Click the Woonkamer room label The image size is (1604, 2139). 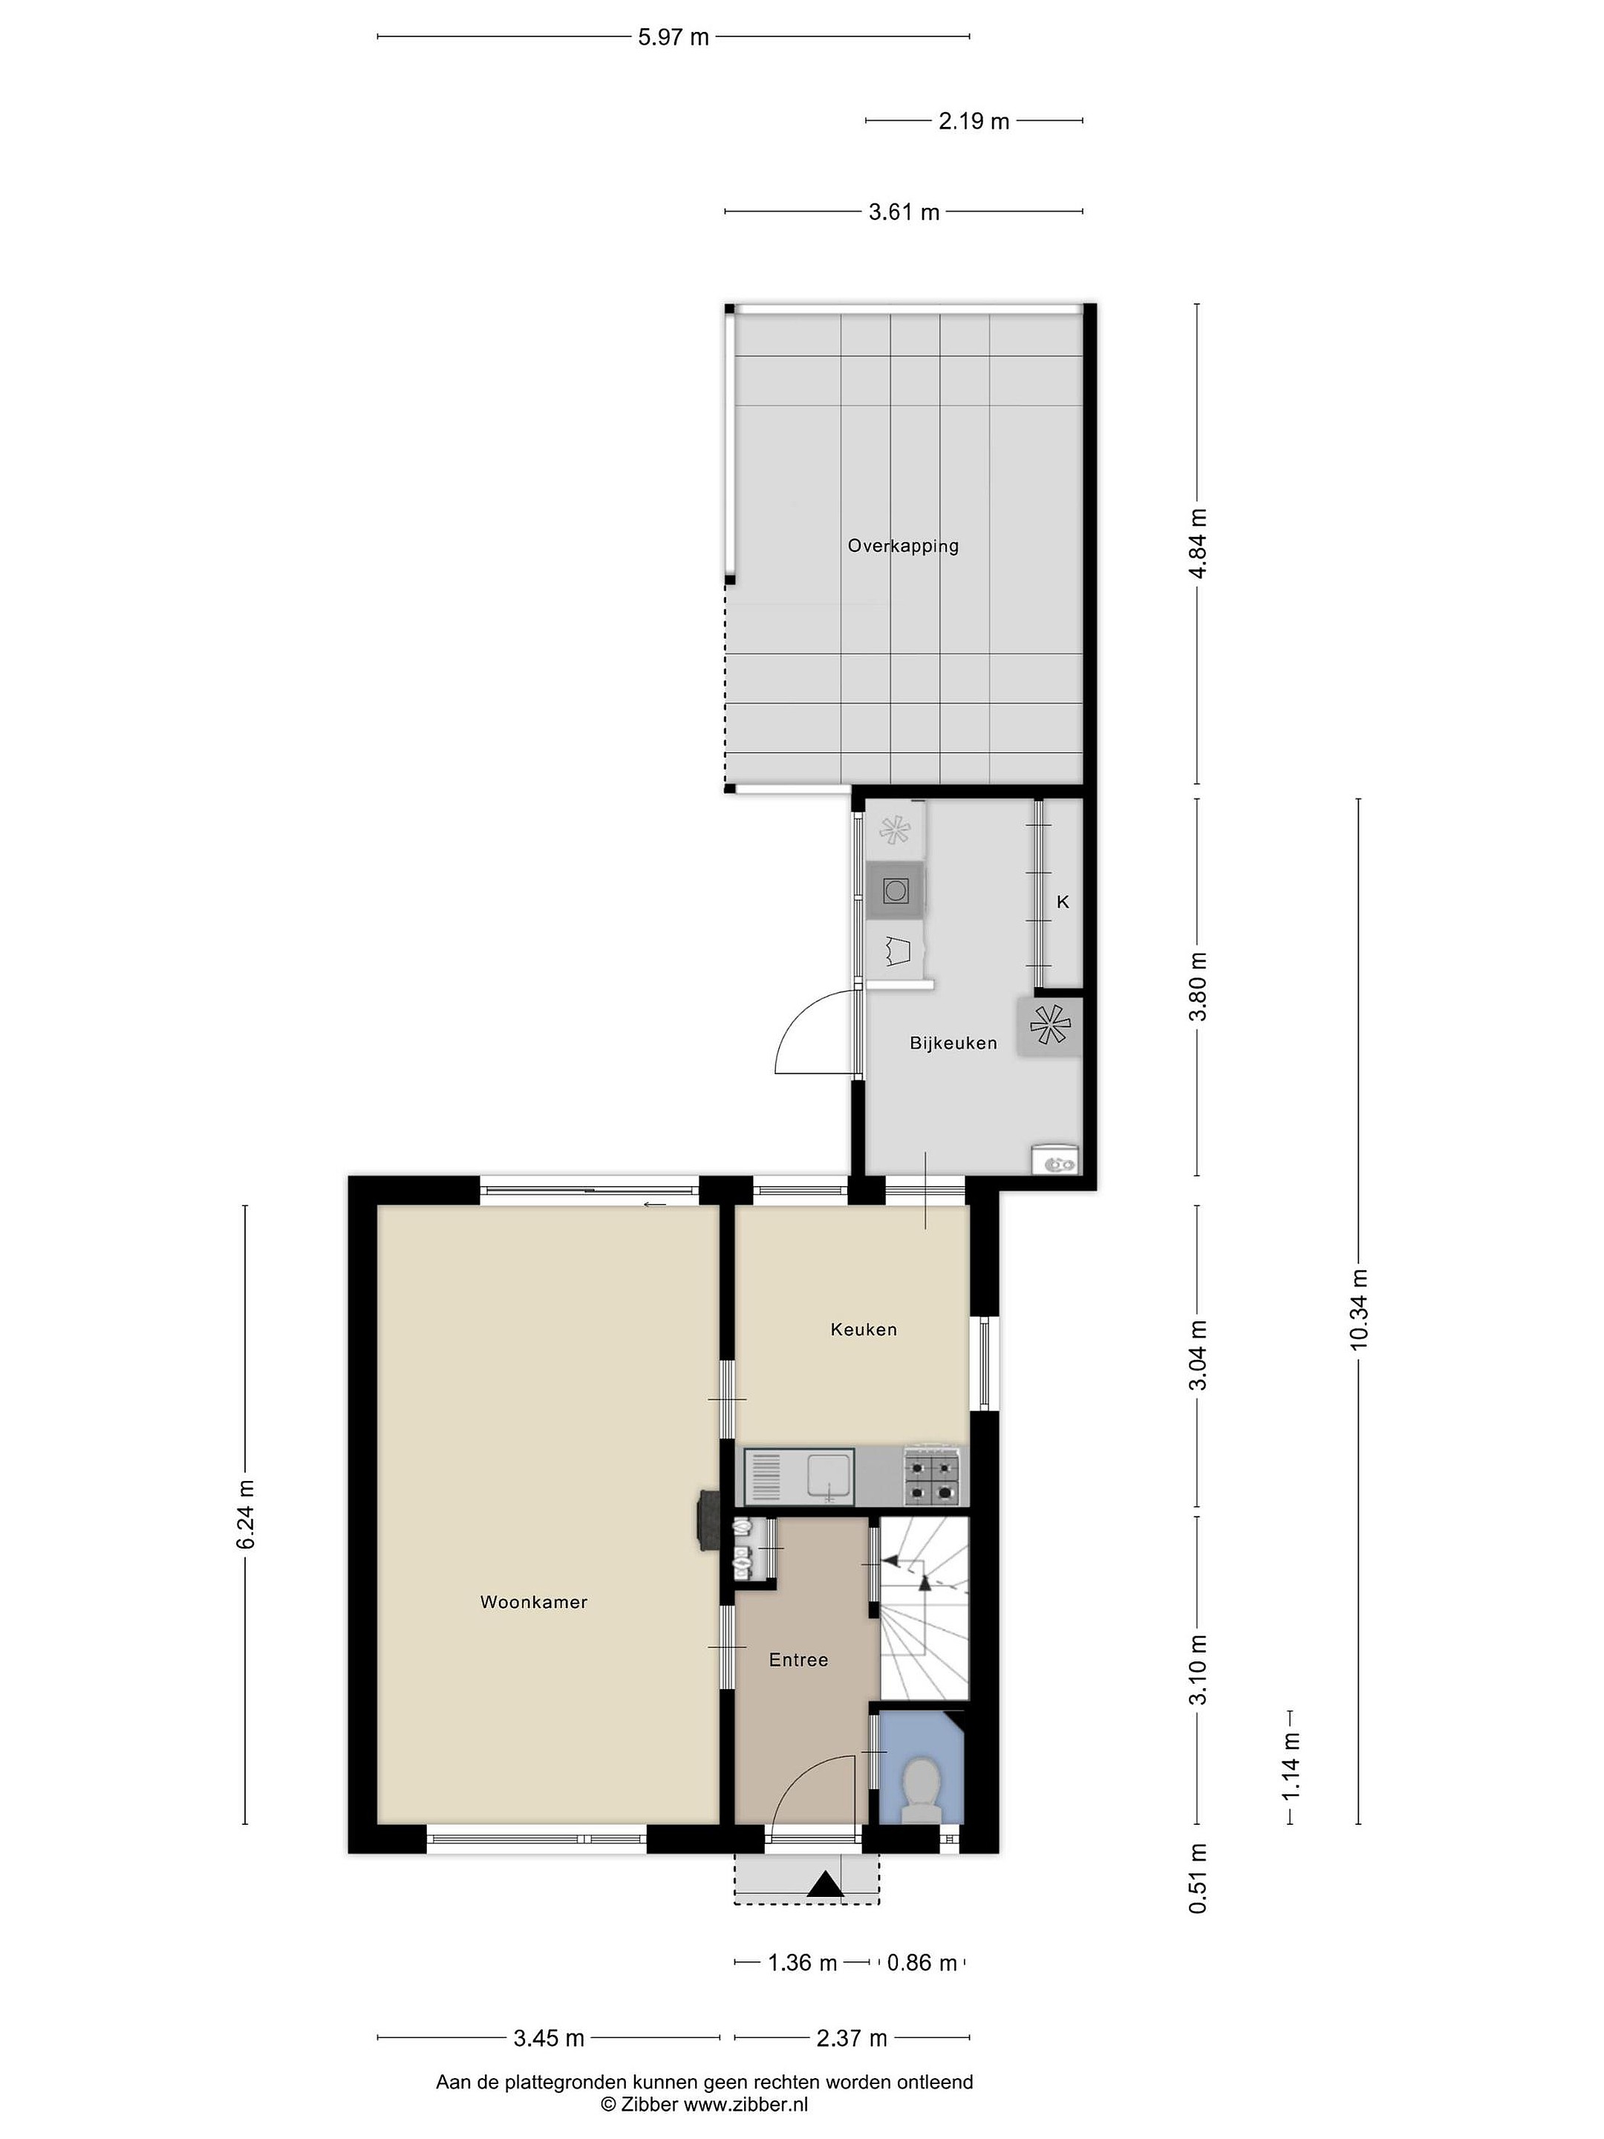pyautogui.click(x=534, y=1602)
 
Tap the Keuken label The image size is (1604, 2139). pyautogui.click(x=864, y=1329)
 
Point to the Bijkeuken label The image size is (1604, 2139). pyautogui.click(x=953, y=1043)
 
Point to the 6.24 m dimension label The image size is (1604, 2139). pyautogui.click(x=244, y=1514)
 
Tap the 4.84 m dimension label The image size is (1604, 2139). pyautogui.click(x=1198, y=544)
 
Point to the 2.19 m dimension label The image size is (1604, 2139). pyautogui.click(x=974, y=121)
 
